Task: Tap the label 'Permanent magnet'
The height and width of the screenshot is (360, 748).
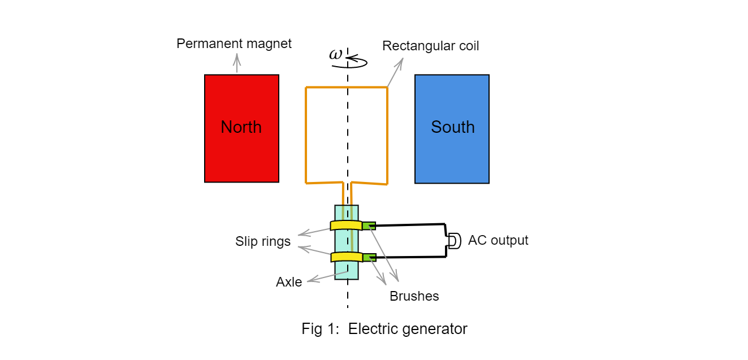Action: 234,44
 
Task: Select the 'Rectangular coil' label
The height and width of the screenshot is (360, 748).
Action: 430,46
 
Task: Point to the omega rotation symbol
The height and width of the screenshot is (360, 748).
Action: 336,54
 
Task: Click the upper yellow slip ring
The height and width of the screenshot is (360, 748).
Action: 346,225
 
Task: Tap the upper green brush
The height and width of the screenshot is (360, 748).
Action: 369,225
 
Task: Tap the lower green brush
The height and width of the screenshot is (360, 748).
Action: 369,257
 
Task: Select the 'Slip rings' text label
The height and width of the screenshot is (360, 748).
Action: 263,242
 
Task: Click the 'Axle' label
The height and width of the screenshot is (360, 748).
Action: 289,282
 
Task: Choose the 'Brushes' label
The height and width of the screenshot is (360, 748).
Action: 414,296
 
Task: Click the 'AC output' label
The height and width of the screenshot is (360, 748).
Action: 498,240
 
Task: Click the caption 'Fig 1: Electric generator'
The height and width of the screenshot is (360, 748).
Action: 384,329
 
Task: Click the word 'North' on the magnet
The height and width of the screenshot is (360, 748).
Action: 241,127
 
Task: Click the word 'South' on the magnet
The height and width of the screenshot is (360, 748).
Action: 452,127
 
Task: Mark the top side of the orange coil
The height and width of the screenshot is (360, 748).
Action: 346,87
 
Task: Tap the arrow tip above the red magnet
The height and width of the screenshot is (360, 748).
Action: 237,55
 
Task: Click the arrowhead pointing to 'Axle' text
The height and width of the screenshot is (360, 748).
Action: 309,280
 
